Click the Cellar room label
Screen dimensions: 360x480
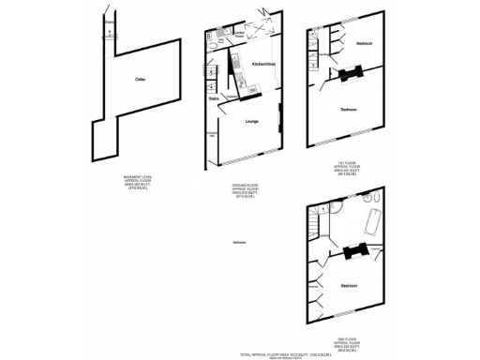tap(139, 80)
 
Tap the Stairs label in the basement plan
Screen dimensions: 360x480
tap(111, 21)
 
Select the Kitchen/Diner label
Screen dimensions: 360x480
tap(264, 65)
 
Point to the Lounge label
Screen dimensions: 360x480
tap(252, 121)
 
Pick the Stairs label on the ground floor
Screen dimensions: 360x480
tap(214, 97)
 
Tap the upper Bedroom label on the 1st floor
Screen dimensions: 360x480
tap(364, 44)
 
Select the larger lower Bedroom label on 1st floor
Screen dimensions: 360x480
tap(348, 110)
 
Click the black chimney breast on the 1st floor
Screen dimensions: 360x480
tap(352, 76)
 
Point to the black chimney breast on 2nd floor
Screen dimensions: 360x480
tap(352, 250)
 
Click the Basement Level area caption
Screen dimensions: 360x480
tap(137, 182)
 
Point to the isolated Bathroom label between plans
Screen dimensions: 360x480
tap(240, 243)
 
